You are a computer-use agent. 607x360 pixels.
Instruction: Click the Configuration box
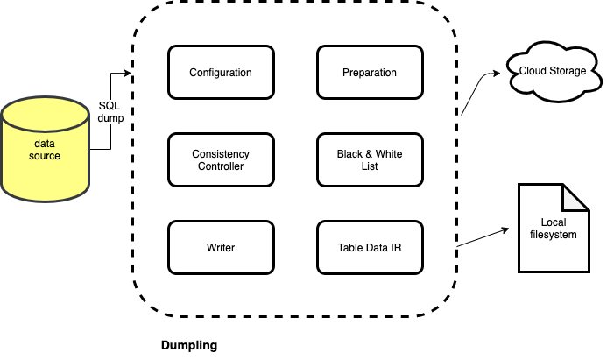pos(220,73)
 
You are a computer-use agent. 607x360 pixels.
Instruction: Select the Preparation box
pos(369,73)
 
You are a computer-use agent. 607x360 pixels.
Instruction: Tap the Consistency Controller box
pos(220,159)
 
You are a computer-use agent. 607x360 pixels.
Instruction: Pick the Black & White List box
pos(369,159)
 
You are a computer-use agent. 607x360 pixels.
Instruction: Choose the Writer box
pos(220,248)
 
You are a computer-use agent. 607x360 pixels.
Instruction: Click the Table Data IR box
pos(369,248)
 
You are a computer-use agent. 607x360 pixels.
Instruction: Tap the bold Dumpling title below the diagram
pos(188,345)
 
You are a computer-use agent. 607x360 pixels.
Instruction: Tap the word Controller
pos(220,166)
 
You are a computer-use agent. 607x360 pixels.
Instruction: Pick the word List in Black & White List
pos(369,166)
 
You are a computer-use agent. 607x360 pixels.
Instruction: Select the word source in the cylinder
pos(46,156)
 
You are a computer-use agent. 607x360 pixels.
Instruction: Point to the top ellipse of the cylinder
pos(46,113)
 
